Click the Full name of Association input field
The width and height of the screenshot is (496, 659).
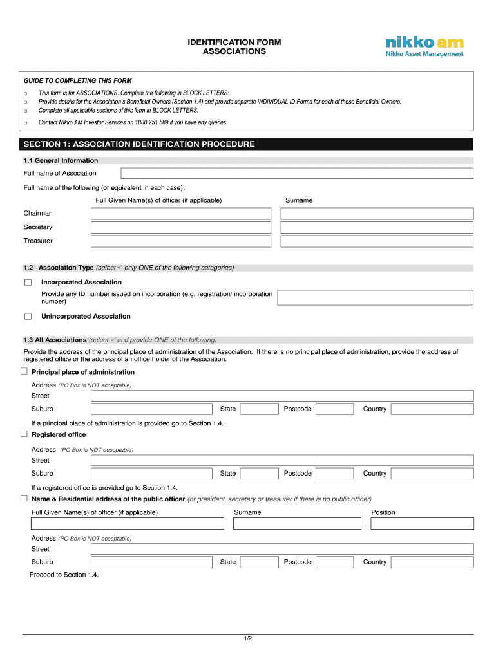(x=297, y=173)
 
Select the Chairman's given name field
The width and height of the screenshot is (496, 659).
(x=181, y=214)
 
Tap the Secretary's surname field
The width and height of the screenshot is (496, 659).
(x=377, y=227)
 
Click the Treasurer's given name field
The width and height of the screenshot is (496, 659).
(x=181, y=241)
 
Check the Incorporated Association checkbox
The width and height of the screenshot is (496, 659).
(x=28, y=283)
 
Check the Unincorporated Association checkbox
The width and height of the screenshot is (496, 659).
(x=28, y=317)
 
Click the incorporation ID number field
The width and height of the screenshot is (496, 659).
(x=375, y=297)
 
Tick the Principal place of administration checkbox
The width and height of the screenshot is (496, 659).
(x=24, y=372)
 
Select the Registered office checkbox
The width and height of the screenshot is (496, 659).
(x=24, y=434)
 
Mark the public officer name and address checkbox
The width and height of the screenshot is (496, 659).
(x=24, y=499)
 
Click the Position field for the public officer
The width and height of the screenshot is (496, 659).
(x=422, y=524)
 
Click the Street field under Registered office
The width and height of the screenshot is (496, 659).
(x=282, y=460)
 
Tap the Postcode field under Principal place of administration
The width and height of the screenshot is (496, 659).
(x=334, y=409)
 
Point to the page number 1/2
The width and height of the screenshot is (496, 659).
(x=248, y=638)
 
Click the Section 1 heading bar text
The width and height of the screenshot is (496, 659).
(x=139, y=144)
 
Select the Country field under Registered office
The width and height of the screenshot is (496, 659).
(x=432, y=474)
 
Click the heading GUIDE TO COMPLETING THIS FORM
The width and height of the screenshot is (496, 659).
(x=78, y=81)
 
